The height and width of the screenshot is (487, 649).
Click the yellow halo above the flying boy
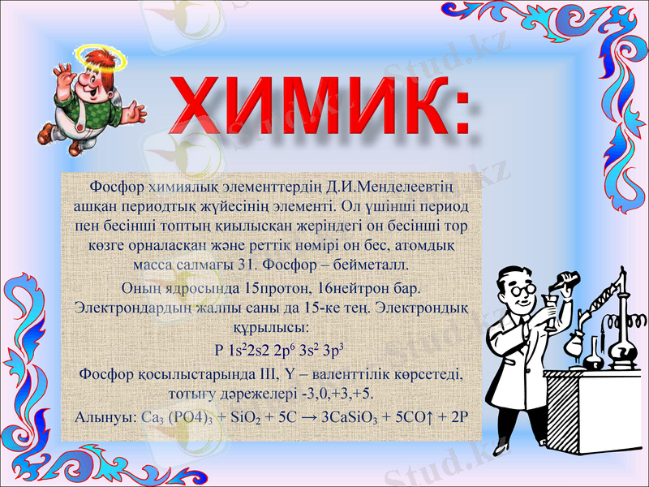pyautogui.click(x=98, y=54)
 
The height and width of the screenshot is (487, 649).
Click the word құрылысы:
pyautogui.click(x=269, y=329)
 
